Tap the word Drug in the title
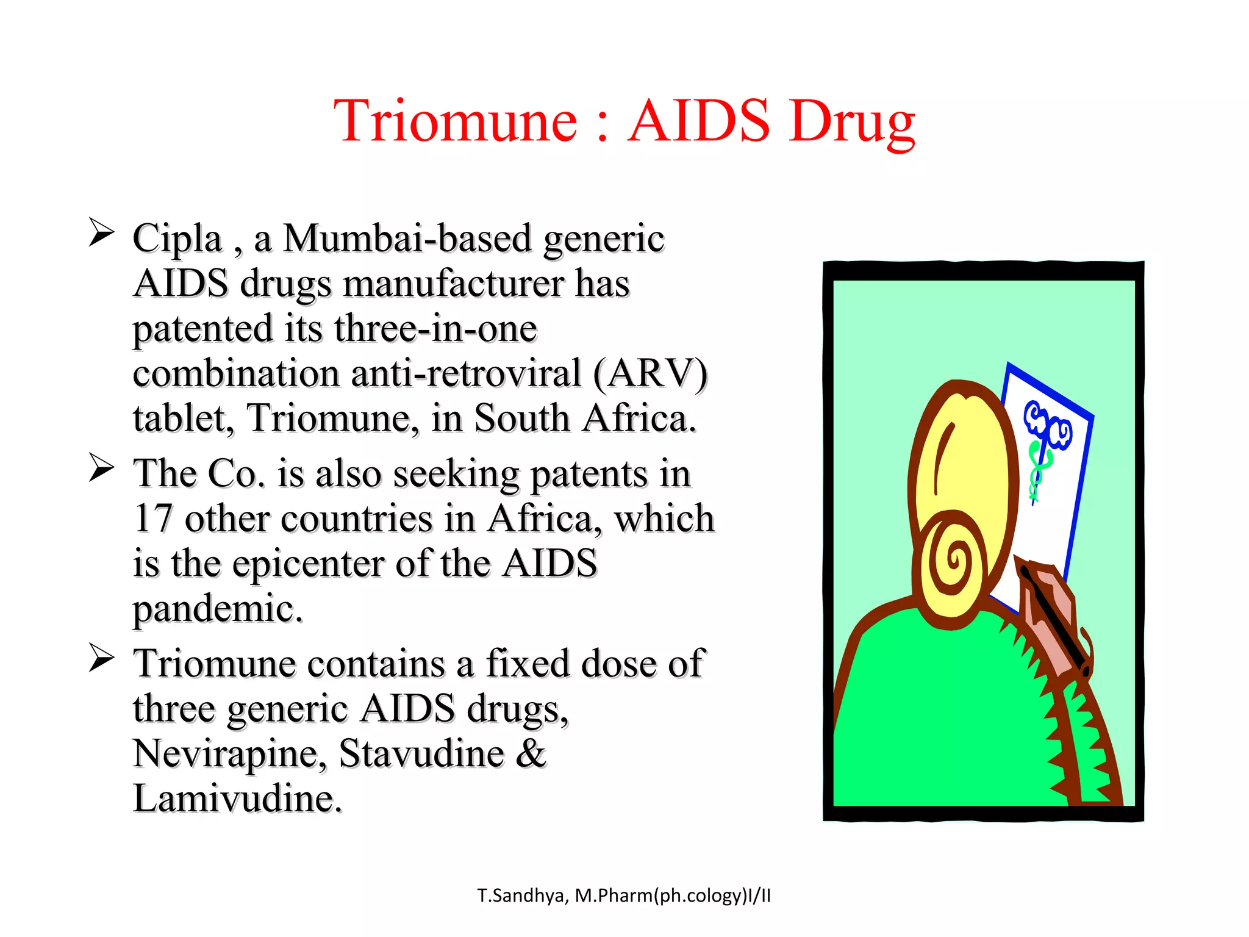[x=851, y=122]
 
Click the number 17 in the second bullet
[x=152, y=519]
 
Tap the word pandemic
[x=217, y=609]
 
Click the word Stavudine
[x=421, y=754]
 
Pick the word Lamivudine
[x=237, y=799]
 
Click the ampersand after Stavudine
[x=531, y=754]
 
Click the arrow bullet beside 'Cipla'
[x=101, y=232]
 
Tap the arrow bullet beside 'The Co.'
[x=101, y=468]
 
